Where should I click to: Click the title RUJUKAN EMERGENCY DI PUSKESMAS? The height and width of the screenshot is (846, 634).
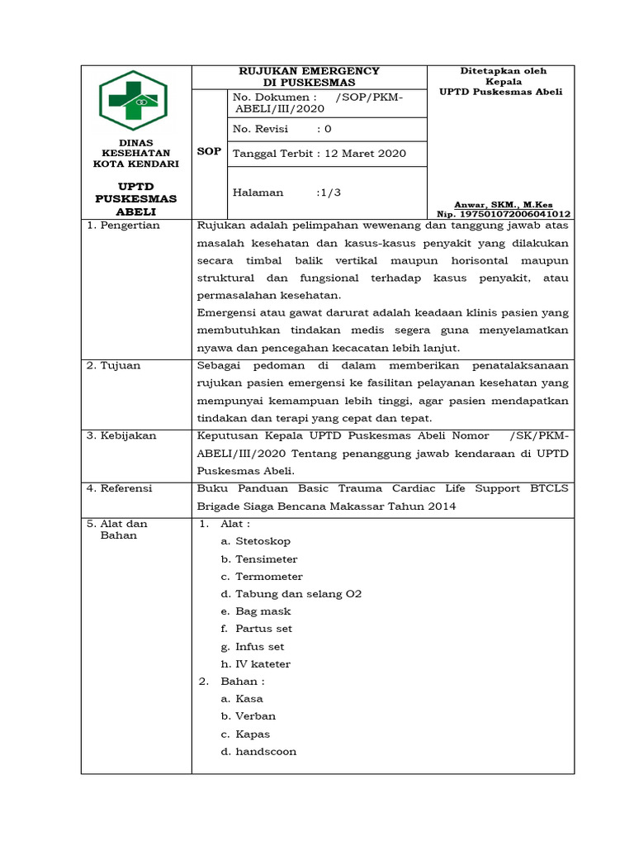(309, 77)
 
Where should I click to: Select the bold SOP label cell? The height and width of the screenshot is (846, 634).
(208, 152)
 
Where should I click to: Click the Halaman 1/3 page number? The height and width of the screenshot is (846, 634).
(328, 192)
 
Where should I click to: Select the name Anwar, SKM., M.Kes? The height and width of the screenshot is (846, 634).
(504, 204)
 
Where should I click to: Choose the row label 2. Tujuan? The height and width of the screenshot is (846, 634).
(116, 365)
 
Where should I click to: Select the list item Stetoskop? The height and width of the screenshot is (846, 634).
(263, 541)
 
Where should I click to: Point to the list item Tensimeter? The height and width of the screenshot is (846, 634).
(266, 559)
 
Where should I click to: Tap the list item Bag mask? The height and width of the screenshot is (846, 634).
(263, 611)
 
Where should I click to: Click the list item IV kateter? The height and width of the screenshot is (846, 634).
(263, 664)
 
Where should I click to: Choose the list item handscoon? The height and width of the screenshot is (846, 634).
(266, 752)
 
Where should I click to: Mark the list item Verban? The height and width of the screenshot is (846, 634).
(255, 716)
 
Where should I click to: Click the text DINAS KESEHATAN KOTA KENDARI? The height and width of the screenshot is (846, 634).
(135, 153)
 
